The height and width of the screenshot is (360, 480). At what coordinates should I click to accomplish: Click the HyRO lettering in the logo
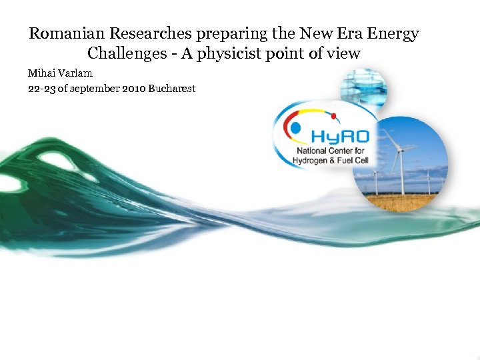coord(339,136)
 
